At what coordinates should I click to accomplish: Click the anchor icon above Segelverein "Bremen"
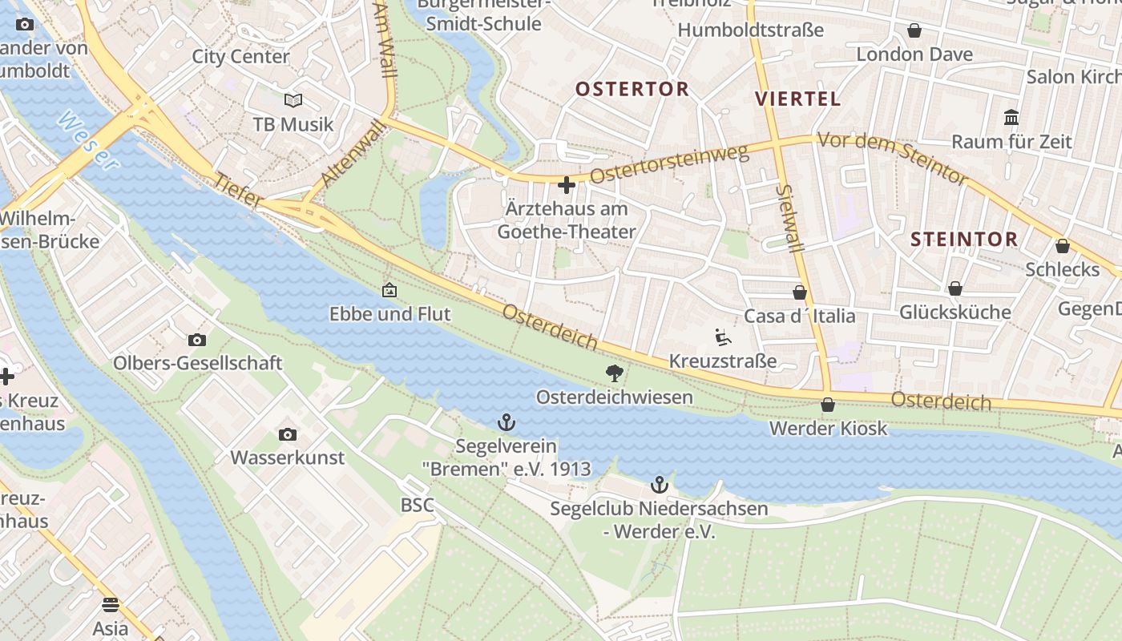click(x=506, y=421)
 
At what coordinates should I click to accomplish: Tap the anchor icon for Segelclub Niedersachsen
click(x=659, y=484)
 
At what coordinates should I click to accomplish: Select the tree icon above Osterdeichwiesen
click(x=615, y=373)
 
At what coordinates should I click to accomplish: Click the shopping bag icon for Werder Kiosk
click(x=828, y=405)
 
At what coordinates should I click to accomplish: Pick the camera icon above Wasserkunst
click(x=287, y=434)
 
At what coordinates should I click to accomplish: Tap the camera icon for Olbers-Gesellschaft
click(x=196, y=340)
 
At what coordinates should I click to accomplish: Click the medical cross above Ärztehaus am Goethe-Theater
click(x=567, y=186)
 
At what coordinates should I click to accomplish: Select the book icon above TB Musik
click(x=293, y=100)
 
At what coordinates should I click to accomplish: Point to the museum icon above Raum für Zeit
click(x=1011, y=118)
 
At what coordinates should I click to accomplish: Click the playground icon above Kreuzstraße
click(x=722, y=337)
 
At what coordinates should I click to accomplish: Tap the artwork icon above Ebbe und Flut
click(x=389, y=290)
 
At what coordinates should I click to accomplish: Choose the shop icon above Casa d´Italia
click(x=799, y=292)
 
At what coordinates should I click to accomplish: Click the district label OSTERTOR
click(x=632, y=89)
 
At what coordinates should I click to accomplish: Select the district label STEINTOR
click(x=964, y=239)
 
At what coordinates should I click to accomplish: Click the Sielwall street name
click(x=790, y=219)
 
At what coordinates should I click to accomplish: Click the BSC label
click(x=417, y=505)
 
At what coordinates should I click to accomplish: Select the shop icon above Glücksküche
click(x=955, y=288)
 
